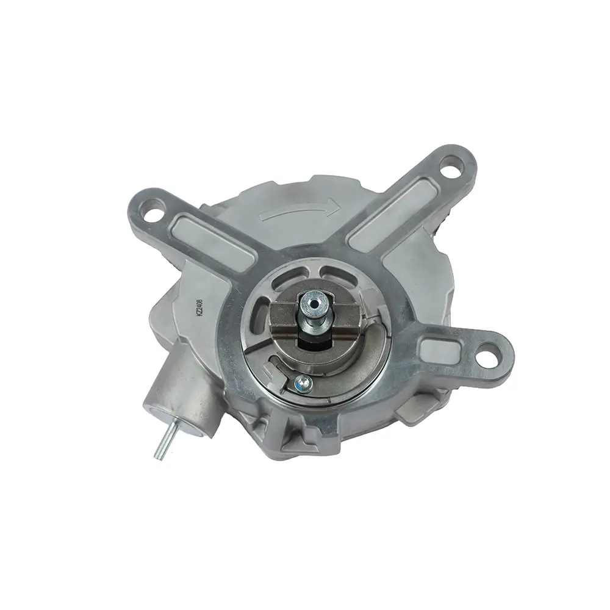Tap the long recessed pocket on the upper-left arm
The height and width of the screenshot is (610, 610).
click(x=213, y=238)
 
